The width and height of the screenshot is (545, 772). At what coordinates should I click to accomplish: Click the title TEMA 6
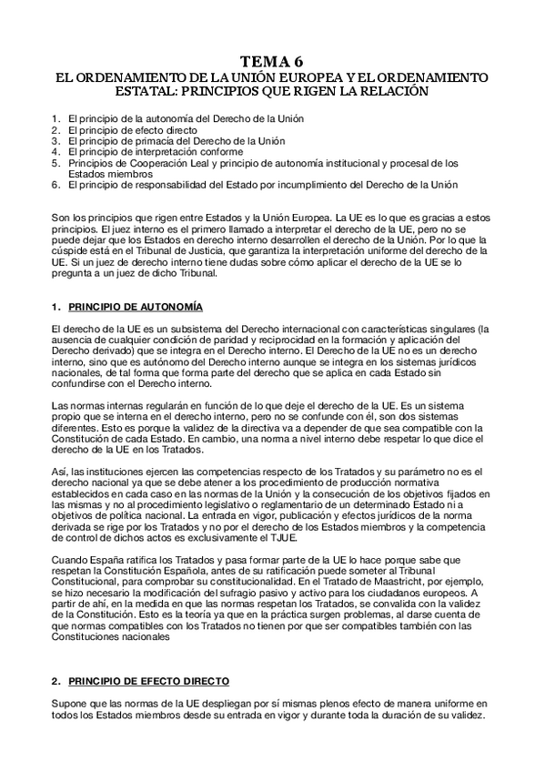(272, 62)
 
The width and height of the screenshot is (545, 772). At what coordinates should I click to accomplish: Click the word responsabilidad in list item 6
(176, 185)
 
